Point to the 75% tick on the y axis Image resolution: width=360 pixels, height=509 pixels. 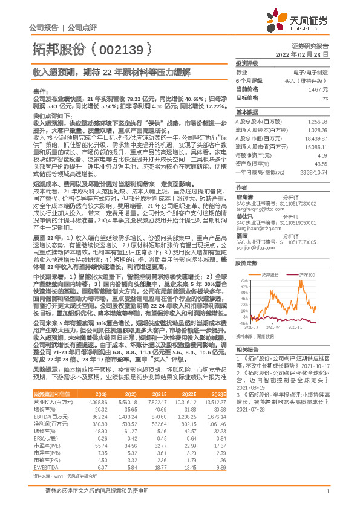(243, 280)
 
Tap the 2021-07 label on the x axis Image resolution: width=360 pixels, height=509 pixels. (278, 326)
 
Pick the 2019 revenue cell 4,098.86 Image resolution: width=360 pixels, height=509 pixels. (97, 401)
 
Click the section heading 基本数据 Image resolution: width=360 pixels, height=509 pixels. (247, 113)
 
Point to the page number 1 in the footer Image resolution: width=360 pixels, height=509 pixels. (327, 498)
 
